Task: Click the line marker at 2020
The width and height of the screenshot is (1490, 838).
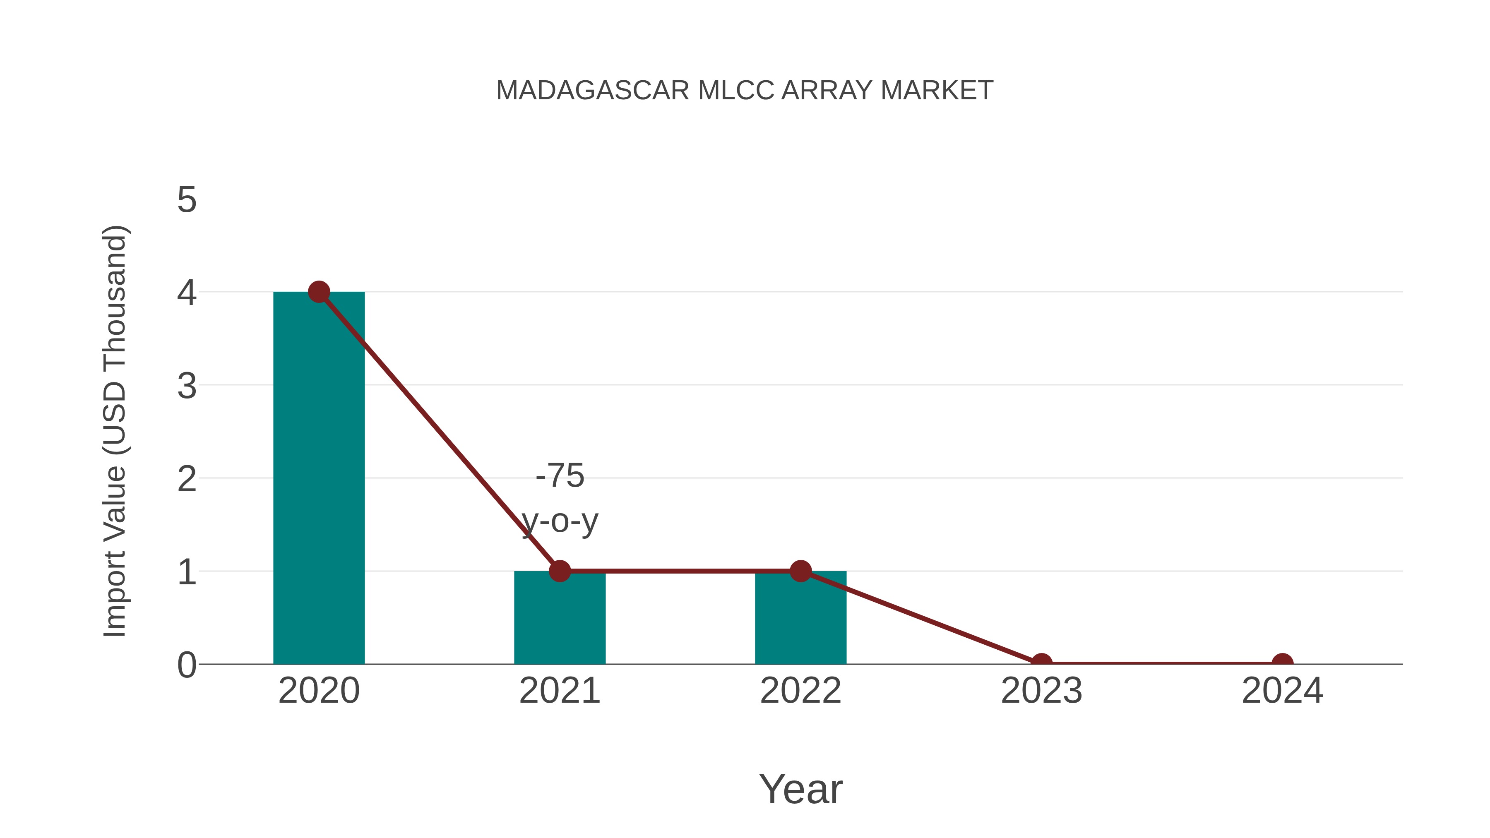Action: pos(319,292)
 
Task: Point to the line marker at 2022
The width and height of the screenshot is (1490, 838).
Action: pos(800,571)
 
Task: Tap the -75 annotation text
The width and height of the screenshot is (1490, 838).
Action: pos(560,476)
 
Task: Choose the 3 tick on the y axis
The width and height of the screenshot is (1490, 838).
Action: pos(187,386)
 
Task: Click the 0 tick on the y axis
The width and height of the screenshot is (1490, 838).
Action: pos(187,665)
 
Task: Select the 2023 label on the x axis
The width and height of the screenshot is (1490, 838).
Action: pos(1041,691)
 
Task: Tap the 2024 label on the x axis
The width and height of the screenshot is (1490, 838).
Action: pos(1282,691)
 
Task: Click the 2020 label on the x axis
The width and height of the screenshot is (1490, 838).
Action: pos(319,691)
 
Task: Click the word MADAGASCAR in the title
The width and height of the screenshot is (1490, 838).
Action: pos(592,91)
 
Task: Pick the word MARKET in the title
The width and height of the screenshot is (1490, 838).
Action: pos(937,91)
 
